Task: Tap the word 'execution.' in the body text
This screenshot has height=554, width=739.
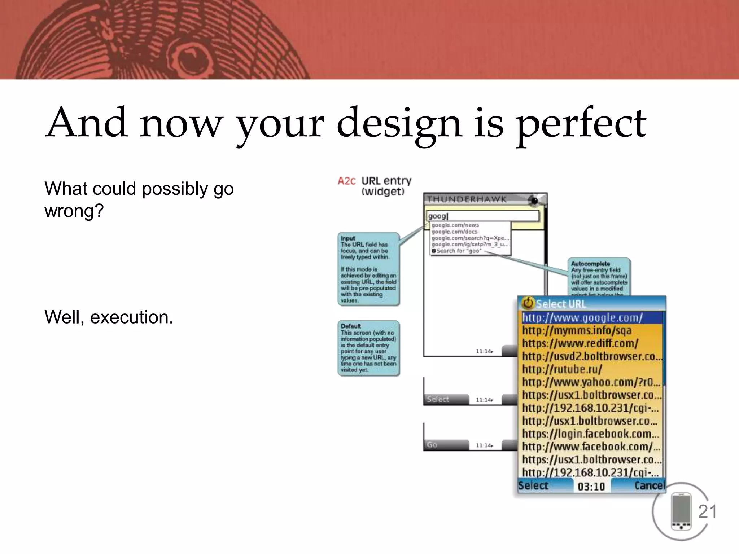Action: point(131,317)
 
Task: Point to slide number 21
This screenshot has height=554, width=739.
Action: point(707,511)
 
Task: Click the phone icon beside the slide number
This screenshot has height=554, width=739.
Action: point(681,511)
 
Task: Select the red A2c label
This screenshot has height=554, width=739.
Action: point(346,181)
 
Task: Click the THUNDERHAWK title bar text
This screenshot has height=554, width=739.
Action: point(467,199)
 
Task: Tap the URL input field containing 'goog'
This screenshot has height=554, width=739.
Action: point(482,216)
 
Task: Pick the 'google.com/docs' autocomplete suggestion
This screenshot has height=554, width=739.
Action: point(454,232)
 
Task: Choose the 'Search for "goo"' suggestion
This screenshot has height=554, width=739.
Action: point(459,251)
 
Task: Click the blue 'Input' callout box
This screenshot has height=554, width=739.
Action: point(368,269)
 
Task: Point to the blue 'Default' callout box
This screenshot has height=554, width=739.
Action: point(368,348)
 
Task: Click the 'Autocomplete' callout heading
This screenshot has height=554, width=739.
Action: point(590,264)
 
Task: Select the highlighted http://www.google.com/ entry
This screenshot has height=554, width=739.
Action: point(582,318)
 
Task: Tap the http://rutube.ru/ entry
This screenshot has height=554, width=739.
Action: point(562,369)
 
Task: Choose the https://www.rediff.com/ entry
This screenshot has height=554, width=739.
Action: point(580,343)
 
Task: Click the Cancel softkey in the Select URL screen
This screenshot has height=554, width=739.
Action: point(649,485)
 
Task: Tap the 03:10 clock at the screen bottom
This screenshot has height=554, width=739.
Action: point(591,487)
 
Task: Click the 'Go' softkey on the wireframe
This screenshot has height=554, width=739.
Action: point(432,445)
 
